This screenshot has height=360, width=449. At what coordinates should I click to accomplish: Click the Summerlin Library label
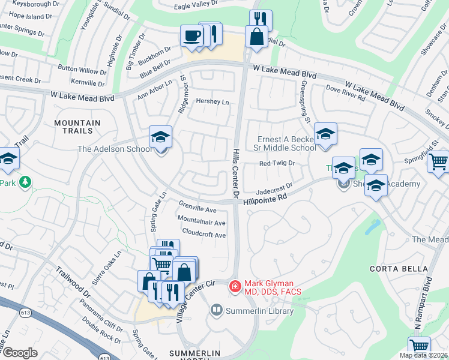pyautogui.click(x=259, y=311)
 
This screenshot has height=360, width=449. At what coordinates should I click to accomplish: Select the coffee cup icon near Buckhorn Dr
pyautogui.click(x=191, y=36)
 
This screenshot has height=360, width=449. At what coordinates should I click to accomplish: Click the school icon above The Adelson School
pyautogui.click(x=160, y=137)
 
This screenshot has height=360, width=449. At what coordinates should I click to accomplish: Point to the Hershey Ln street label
pyautogui.click(x=212, y=102)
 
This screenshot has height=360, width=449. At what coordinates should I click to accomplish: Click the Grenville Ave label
pyautogui.click(x=197, y=210)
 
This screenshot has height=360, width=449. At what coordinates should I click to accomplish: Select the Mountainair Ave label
pyautogui.click(x=201, y=222)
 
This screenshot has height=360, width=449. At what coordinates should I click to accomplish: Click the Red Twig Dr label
pyautogui.click(x=277, y=163)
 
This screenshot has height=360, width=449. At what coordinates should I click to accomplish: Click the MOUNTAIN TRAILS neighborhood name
pyautogui.click(x=74, y=126)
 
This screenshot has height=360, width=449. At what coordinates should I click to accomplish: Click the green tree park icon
pyautogui.click(x=25, y=181)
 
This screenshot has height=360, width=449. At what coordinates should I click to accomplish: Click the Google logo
pyautogui.click(x=20, y=353)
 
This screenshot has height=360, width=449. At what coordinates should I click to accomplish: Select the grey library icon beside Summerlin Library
pyautogui.click(x=216, y=310)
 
